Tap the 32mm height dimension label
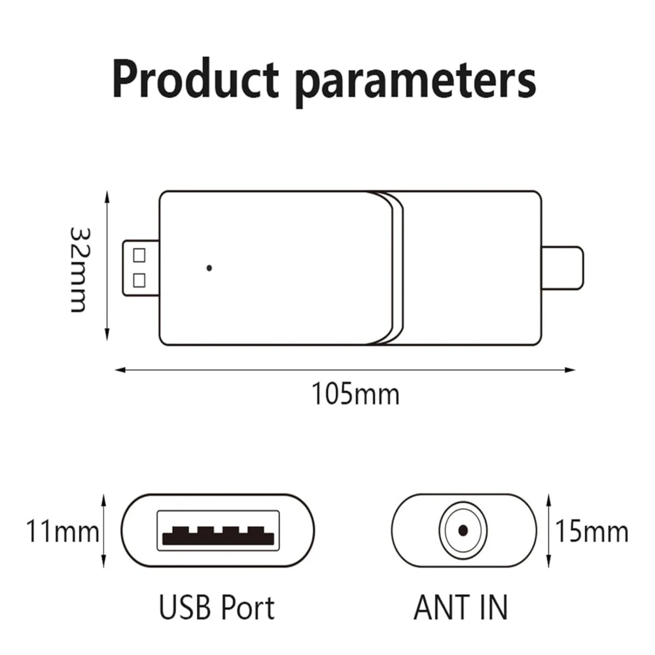(78, 269)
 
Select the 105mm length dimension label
(354, 395)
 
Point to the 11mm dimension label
(62, 531)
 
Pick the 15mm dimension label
(592, 531)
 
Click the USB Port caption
(217, 607)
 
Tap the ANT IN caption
(460, 607)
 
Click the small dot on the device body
(209, 268)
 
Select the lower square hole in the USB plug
(139, 280)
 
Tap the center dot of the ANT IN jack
(463, 530)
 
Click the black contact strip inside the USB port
(218, 538)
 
